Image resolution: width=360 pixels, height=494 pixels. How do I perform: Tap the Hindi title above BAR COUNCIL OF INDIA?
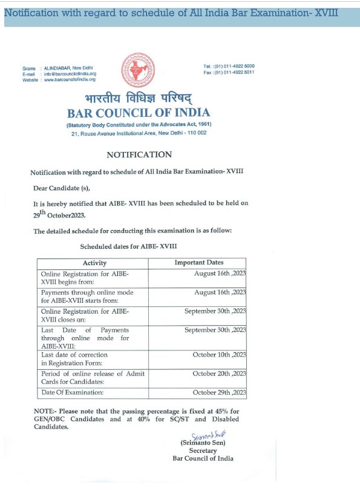(x=139, y=99)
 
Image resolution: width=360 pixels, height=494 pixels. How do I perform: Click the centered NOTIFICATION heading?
(x=139, y=154)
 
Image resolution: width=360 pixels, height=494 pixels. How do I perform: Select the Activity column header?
(x=94, y=263)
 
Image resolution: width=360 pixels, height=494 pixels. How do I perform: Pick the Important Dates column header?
(x=199, y=263)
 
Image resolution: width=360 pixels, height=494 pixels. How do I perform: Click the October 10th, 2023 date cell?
(x=219, y=354)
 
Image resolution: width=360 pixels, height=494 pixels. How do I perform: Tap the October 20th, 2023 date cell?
(x=219, y=374)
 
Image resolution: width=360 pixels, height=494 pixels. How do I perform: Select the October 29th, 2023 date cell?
(x=219, y=393)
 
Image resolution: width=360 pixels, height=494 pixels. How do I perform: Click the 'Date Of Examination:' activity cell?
(x=72, y=393)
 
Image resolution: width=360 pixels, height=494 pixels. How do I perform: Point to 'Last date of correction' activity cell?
(x=74, y=355)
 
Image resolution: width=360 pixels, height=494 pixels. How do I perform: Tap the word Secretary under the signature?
(x=203, y=450)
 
